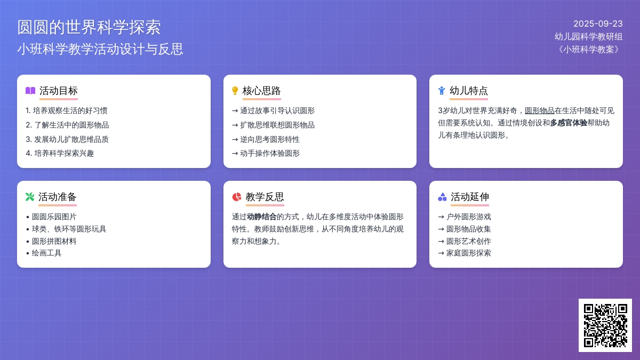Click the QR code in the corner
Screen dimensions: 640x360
(x=605, y=325)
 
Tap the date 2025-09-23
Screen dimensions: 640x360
(x=598, y=23)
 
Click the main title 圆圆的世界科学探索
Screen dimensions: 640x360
(x=89, y=27)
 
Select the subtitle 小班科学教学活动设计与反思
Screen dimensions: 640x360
(x=100, y=49)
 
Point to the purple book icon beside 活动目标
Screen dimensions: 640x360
(x=30, y=91)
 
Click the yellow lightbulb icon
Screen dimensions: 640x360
(x=235, y=91)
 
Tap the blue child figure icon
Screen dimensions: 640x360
(x=442, y=91)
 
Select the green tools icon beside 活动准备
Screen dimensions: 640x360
(x=30, y=197)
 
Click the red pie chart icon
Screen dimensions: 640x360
(x=237, y=197)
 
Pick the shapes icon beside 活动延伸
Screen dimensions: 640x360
(x=442, y=197)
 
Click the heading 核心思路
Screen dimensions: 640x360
(x=261, y=91)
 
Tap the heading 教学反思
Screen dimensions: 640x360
(x=265, y=197)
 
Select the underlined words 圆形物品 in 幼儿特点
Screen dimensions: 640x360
(x=539, y=110)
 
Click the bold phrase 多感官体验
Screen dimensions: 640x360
(x=569, y=123)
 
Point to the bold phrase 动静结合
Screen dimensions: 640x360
(x=261, y=217)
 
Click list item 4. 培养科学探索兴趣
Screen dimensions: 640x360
(x=60, y=154)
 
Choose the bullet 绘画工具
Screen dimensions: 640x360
(x=46, y=253)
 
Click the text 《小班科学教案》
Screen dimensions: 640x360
(x=589, y=50)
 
